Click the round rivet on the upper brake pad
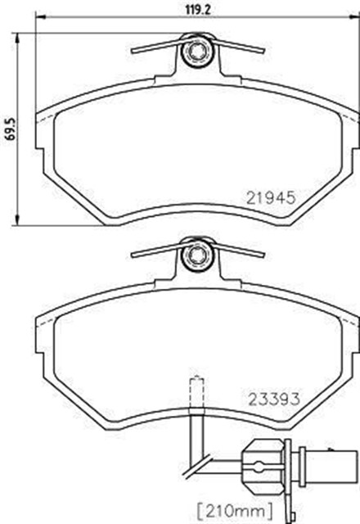click(x=196, y=54)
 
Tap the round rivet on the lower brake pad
click(x=196, y=256)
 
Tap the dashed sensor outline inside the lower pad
click(x=196, y=392)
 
